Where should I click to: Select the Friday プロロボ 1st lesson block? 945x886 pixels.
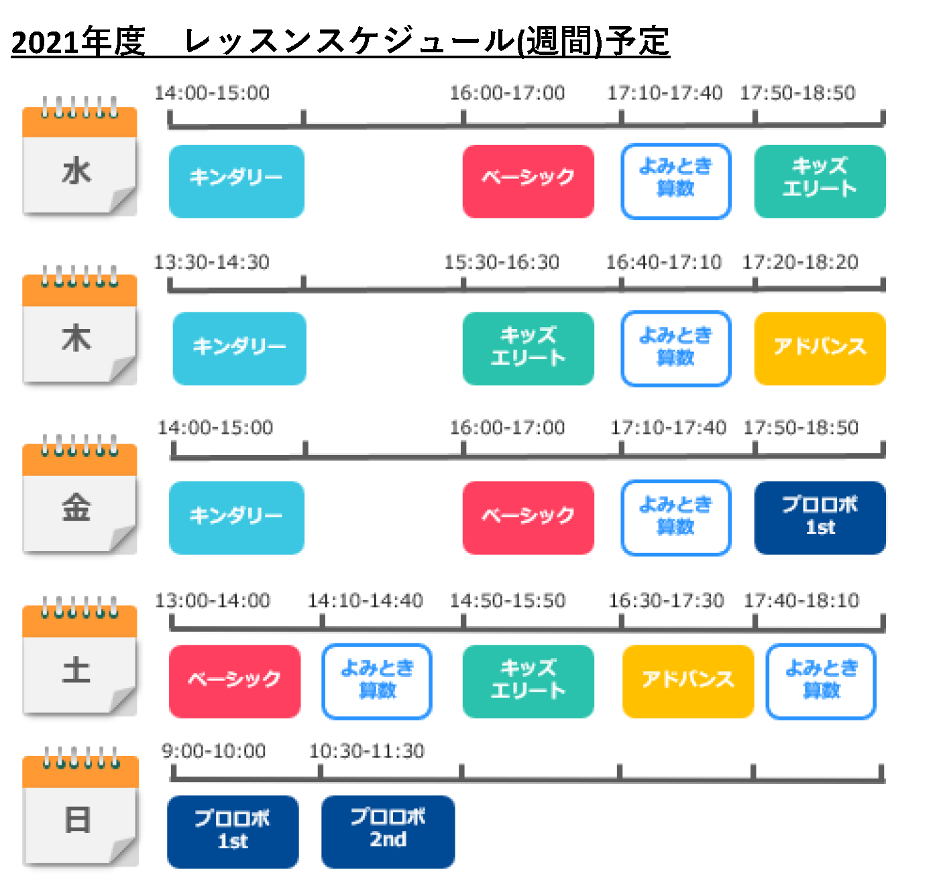(x=820, y=517)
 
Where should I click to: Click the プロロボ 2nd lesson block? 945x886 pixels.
(x=388, y=832)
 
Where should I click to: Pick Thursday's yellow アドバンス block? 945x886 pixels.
(x=820, y=348)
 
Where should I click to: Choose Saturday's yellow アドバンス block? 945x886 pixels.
(x=687, y=681)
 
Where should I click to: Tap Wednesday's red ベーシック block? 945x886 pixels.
(x=529, y=181)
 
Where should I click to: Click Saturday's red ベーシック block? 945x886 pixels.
(x=235, y=681)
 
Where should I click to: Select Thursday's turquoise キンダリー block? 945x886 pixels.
(x=239, y=348)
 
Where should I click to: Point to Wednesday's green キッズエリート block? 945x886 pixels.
(x=820, y=181)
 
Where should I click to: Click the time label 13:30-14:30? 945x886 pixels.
(x=211, y=262)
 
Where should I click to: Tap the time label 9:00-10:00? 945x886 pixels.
(x=213, y=751)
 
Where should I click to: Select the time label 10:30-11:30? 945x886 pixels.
(x=366, y=751)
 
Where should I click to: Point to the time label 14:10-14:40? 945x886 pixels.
(x=365, y=600)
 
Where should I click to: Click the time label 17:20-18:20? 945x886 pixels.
(x=800, y=262)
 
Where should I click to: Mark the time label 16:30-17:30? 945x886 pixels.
(x=666, y=600)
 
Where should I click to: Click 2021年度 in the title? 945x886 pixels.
(x=78, y=42)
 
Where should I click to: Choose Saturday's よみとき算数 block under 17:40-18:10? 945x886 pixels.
(x=821, y=681)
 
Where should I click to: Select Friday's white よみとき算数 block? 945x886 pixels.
(x=675, y=517)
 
